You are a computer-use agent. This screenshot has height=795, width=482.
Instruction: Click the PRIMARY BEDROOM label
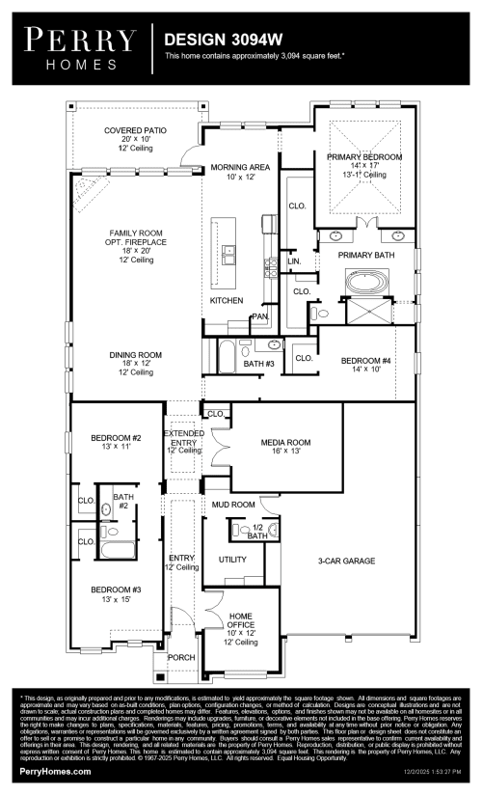point(363,156)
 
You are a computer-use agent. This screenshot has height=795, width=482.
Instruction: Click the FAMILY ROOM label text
point(136,233)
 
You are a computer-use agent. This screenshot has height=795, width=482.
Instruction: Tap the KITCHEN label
point(228,301)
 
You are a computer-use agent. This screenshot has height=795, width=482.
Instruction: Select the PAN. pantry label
point(259,316)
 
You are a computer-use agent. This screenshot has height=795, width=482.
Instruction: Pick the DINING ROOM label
point(136,355)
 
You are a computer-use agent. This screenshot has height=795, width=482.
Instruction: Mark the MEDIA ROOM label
point(283,443)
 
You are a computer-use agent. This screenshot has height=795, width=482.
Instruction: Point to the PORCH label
point(181,658)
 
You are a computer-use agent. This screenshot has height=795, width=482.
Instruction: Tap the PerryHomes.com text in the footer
point(56,772)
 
